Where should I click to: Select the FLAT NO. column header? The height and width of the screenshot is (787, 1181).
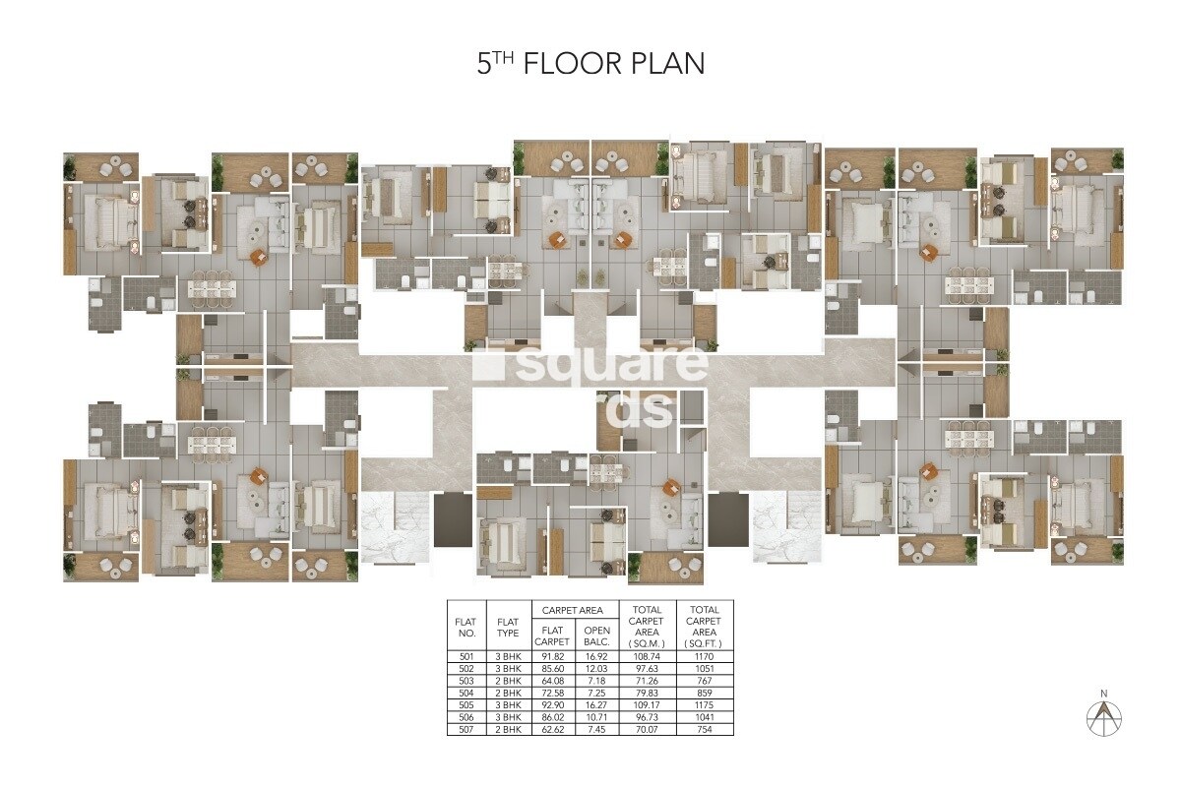click(x=466, y=628)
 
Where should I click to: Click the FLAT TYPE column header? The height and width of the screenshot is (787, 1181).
click(x=508, y=628)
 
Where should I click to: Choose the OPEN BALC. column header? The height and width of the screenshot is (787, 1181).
click(x=596, y=637)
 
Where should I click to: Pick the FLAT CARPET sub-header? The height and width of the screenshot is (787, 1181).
click(x=551, y=637)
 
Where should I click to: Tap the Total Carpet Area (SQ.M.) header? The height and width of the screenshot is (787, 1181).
click(x=647, y=627)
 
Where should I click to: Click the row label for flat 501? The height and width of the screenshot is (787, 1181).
click(x=466, y=655)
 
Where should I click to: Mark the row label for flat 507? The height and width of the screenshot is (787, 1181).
click(x=466, y=729)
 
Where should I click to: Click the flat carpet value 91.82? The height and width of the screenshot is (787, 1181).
click(x=551, y=655)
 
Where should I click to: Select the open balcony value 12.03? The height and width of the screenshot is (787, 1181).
click(x=596, y=668)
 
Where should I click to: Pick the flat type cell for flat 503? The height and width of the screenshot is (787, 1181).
click(x=508, y=680)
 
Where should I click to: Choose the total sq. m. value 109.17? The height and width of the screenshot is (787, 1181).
click(x=647, y=704)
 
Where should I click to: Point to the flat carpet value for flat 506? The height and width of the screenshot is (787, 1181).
click(x=551, y=717)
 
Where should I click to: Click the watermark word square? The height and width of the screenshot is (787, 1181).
click(x=590, y=365)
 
